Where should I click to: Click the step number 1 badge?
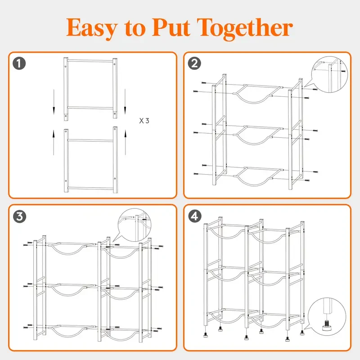pos(19,63)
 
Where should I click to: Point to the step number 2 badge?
pos(194,63)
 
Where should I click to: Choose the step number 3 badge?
pos(19,216)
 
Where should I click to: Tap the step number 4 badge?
pos(194,216)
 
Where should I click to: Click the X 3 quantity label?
pos(144,121)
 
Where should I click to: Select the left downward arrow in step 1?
pos(53,102)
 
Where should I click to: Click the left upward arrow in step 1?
pos(53,139)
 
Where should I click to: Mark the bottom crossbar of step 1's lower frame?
pos(90,188)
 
